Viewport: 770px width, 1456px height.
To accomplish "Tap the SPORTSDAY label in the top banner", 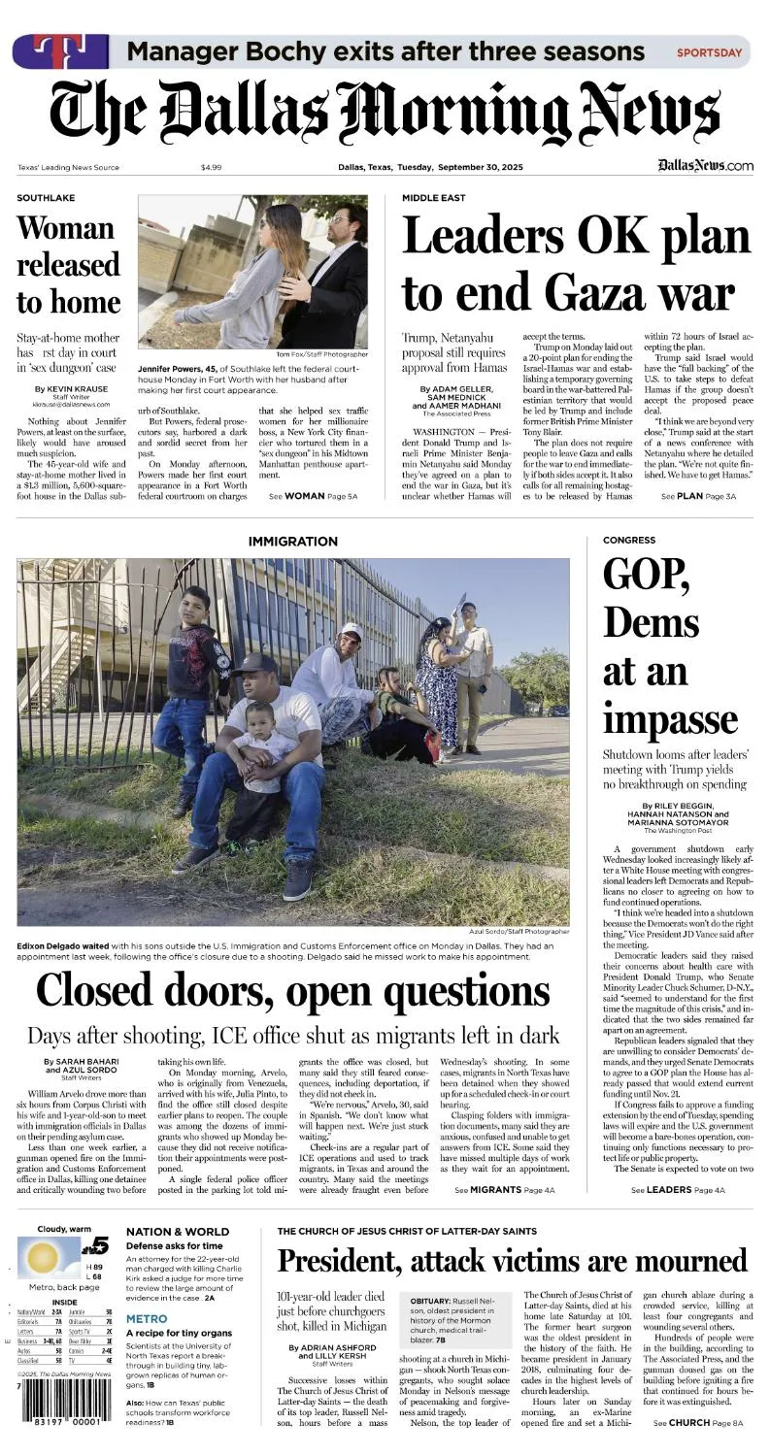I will [709, 52].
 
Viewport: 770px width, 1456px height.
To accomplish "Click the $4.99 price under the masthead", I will [211, 167].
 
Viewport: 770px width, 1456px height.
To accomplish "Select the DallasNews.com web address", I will [705, 166].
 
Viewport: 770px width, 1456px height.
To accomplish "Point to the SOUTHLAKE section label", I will [46, 198].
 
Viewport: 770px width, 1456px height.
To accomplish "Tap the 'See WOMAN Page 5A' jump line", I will [313, 496].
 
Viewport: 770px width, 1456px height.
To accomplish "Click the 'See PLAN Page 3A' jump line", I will [698, 496].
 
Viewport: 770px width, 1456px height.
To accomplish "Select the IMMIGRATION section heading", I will [293, 541].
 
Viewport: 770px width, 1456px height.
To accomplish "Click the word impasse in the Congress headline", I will [670, 719].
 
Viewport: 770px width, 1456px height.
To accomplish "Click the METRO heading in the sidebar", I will [147, 1319].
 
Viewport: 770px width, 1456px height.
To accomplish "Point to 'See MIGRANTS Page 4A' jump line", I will [504, 1189].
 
